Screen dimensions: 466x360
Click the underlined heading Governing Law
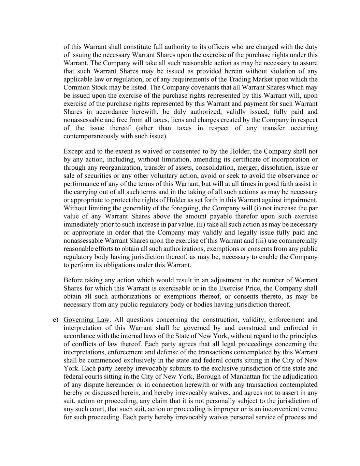[86, 320]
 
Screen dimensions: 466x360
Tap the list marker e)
[56, 320]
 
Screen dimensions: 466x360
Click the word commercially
[298, 241]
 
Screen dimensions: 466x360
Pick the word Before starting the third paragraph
[74, 280]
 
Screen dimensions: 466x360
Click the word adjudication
[300, 377]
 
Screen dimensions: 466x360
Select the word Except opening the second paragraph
[74, 151]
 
